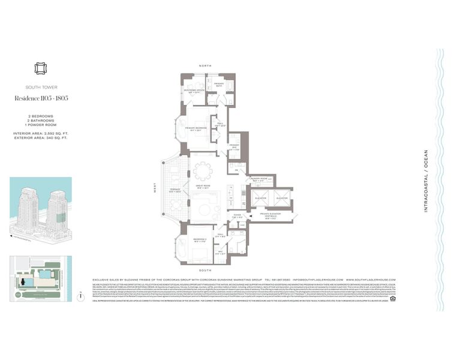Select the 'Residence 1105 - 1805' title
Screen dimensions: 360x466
[x=41, y=98]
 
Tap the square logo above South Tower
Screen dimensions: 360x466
[x=40, y=69]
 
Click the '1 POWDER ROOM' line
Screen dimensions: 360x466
[x=40, y=124]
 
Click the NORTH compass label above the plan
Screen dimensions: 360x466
[x=208, y=65]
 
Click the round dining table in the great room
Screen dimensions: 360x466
[x=202, y=172]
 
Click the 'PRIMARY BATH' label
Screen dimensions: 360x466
[x=218, y=85]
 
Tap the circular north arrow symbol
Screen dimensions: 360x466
[x=80, y=296]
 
